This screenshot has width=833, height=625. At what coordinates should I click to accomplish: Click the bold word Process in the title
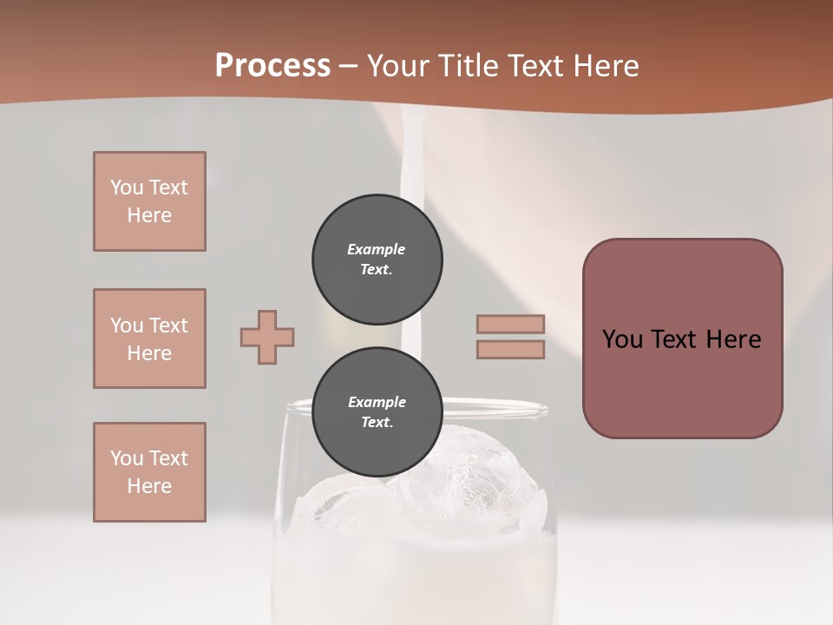[x=272, y=66]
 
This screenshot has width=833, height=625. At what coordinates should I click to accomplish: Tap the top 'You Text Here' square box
[x=149, y=201]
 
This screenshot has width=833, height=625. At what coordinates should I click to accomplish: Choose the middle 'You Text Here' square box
[x=149, y=339]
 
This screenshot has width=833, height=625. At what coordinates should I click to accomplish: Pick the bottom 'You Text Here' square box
[x=149, y=472]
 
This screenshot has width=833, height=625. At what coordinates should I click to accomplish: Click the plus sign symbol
[x=267, y=337]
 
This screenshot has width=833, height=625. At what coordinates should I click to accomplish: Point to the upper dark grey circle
[x=377, y=260]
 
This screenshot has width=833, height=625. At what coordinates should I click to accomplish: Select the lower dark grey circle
[x=377, y=412]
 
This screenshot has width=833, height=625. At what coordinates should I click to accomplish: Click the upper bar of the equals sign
[x=510, y=324]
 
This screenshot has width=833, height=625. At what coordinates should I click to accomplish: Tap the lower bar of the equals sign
[x=510, y=349]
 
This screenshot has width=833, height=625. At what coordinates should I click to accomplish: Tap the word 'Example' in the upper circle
[x=377, y=249]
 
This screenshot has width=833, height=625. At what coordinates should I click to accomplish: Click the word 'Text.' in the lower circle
[x=377, y=423]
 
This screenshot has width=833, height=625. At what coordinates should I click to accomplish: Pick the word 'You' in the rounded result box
[x=622, y=339]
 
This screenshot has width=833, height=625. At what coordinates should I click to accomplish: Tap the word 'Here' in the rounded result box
[x=733, y=339]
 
